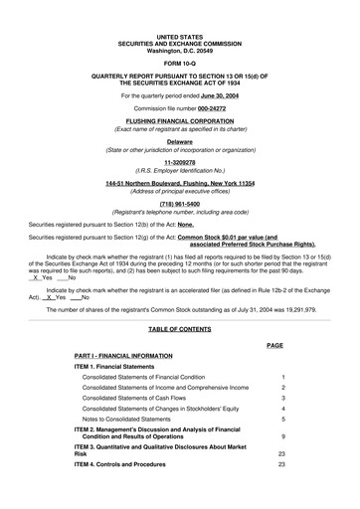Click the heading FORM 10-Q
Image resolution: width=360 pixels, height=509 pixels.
pos(180,55)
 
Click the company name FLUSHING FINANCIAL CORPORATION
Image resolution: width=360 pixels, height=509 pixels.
pos(180,121)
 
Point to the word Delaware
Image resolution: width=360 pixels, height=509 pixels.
pos(180,141)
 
